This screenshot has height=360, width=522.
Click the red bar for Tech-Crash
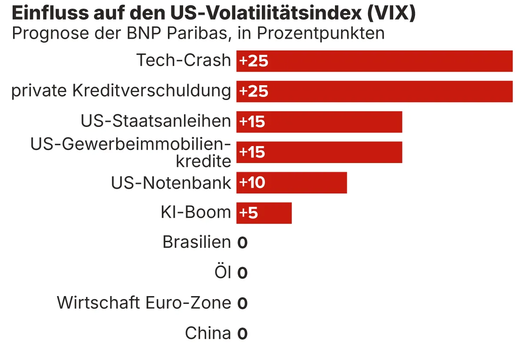pos(374,61)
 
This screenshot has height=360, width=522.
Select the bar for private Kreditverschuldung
pos(374,92)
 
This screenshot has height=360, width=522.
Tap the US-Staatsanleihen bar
pos(319,122)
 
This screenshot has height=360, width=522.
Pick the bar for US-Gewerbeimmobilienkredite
pos(319,153)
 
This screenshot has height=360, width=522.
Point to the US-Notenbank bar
pos(291,183)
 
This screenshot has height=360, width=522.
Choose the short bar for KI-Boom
pos(264,213)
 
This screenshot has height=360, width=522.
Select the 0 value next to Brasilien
pos(242,243)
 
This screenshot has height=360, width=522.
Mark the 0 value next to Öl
pos(242,273)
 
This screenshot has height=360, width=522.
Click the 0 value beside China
pos(242,334)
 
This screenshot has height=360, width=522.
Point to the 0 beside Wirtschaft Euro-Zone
pos(242,303)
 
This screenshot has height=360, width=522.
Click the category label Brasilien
pos(197,242)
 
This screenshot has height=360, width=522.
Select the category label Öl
pos(223,272)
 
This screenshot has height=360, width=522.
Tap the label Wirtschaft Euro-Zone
pos(144,303)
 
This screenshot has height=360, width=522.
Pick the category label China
pos(208,333)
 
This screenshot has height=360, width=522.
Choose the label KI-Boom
pos(196,212)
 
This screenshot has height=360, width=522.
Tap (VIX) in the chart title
pos(391,14)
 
